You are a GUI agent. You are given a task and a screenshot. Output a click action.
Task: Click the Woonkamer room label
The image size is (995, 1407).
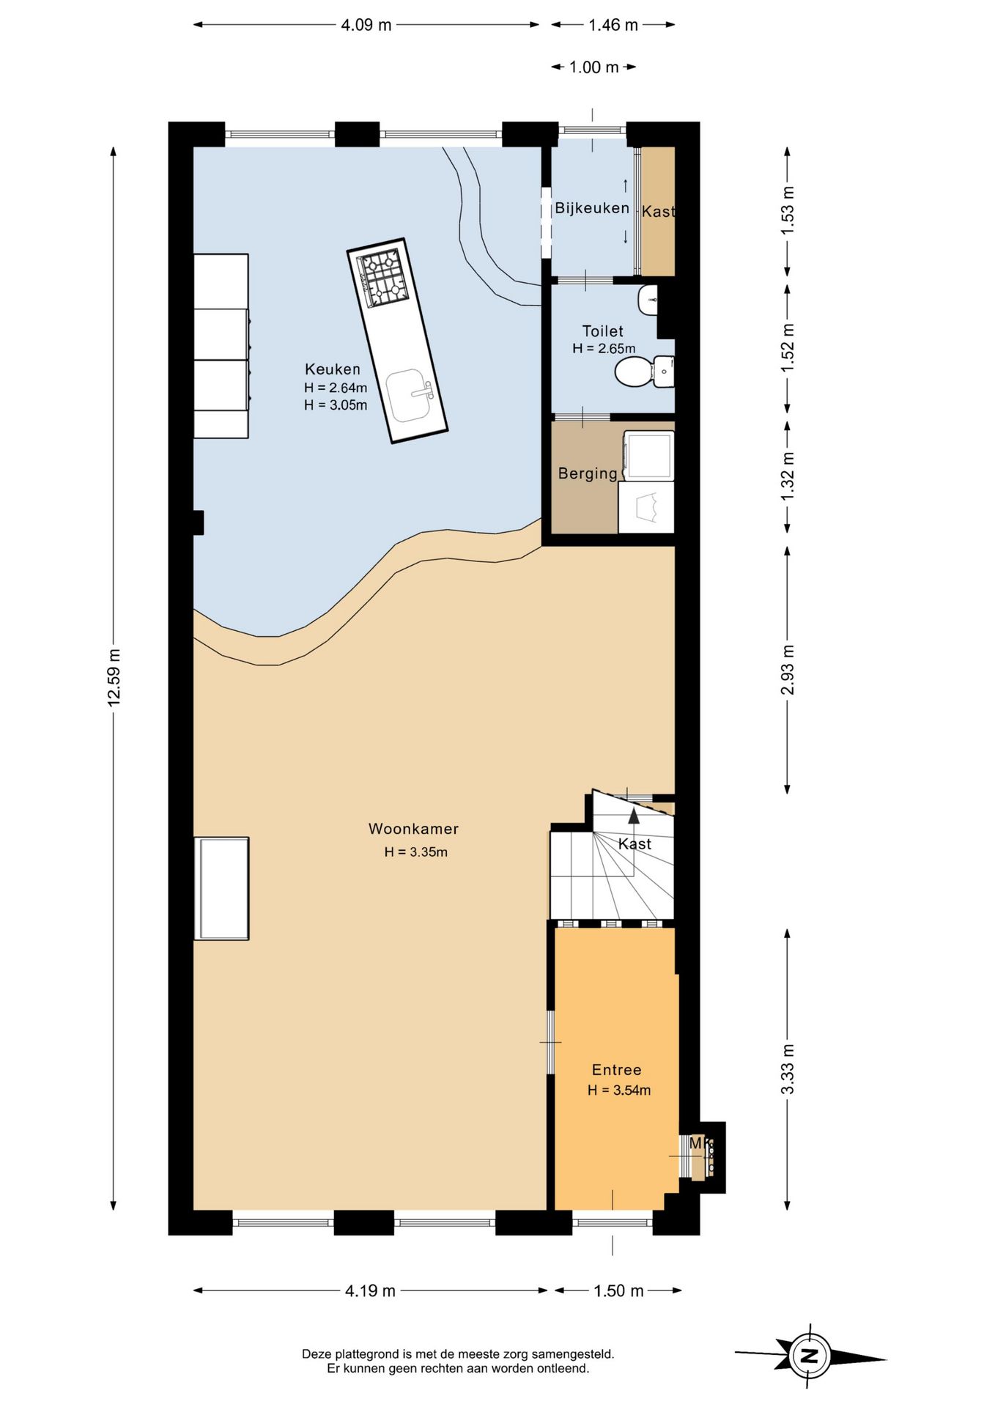[x=413, y=829]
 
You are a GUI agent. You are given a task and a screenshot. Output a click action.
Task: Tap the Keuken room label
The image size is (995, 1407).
[x=333, y=369]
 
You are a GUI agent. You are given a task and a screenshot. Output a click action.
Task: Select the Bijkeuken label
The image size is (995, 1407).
[x=592, y=208]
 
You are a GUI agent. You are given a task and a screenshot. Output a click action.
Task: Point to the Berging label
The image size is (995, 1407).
[x=588, y=473]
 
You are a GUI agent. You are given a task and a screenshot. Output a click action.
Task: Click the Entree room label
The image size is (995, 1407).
[x=617, y=1070]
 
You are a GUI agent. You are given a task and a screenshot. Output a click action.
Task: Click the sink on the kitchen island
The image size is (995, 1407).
[x=412, y=395]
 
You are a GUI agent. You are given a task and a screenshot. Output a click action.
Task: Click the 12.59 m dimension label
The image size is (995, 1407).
[x=114, y=678]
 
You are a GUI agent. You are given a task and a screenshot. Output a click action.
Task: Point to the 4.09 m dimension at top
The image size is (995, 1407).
[x=366, y=25]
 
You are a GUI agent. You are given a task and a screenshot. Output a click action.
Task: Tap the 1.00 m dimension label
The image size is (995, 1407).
[x=594, y=67]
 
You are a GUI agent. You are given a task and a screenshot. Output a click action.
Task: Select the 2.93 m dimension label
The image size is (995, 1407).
[x=788, y=670]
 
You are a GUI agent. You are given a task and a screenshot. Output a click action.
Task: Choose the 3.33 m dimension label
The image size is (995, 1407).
[x=788, y=1069]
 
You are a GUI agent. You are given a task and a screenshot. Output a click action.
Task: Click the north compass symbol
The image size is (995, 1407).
[x=810, y=1356]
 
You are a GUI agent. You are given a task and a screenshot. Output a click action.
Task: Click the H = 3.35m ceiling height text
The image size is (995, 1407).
[x=415, y=852]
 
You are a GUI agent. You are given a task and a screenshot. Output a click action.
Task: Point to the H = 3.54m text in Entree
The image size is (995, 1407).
[x=619, y=1090]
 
